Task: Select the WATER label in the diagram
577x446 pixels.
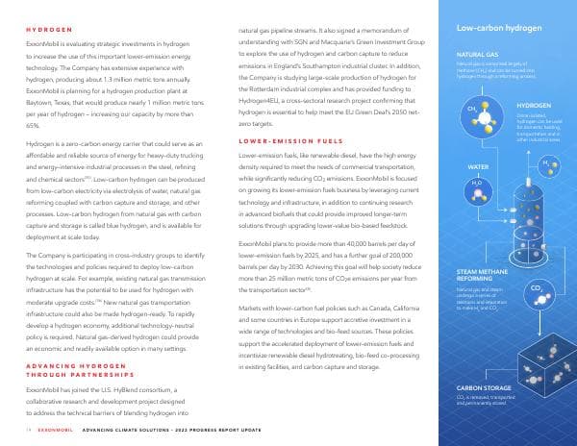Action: tap(479, 166)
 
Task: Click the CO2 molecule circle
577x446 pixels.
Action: tap(536, 260)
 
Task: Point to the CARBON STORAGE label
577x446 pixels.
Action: tap(485, 388)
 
